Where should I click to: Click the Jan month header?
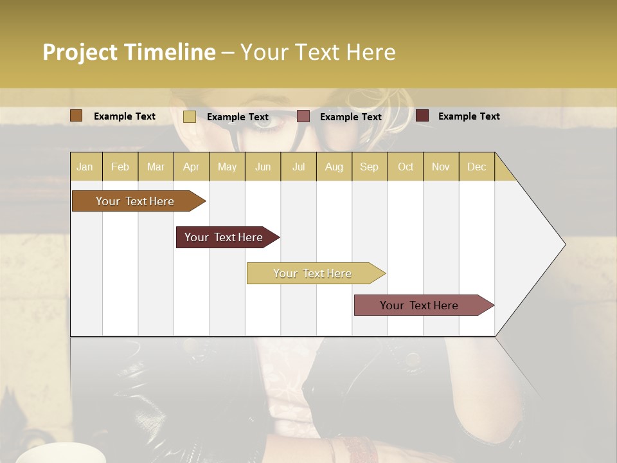click(85, 167)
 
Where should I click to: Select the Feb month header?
click(120, 167)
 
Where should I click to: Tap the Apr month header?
click(191, 167)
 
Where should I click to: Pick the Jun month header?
click(263, 167)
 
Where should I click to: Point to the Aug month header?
click(334, 167)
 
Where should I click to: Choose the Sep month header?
click(369, 167)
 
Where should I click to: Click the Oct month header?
click(406, 167)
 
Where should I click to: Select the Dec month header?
click(476, 167)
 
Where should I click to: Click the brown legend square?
click(76, 116)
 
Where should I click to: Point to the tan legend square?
click(190, 116)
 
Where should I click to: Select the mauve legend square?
click(303, 116)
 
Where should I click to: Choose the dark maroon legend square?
click(422, 116)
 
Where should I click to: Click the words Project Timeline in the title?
click(129, 52)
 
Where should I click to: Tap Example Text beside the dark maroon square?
click(469, 116)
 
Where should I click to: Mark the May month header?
click(227, 167)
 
